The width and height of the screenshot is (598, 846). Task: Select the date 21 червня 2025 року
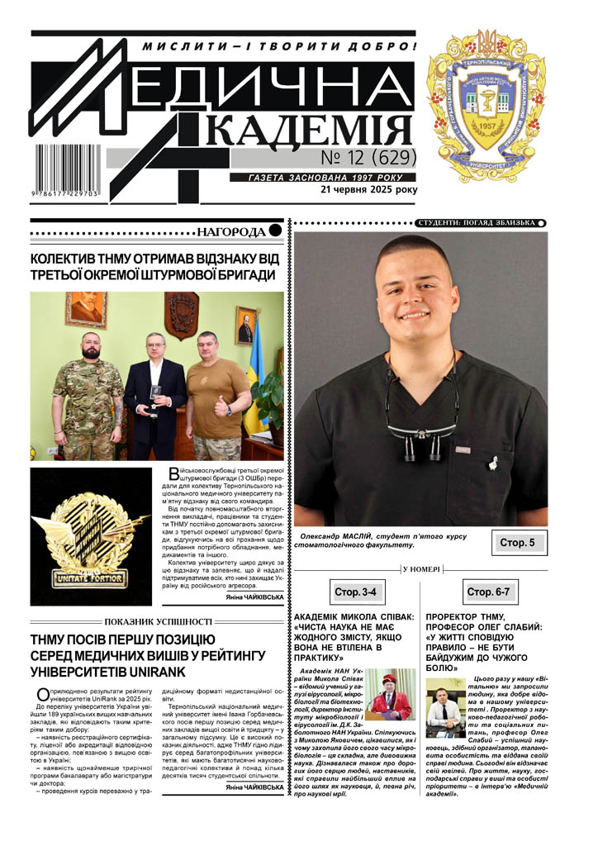(x=369, y=189)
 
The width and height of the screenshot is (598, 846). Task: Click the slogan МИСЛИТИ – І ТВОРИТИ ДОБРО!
(x=278, y=46)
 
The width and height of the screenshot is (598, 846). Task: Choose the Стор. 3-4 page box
(x=355, y=592)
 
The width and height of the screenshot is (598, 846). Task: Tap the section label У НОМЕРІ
(x=421, y=569)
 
